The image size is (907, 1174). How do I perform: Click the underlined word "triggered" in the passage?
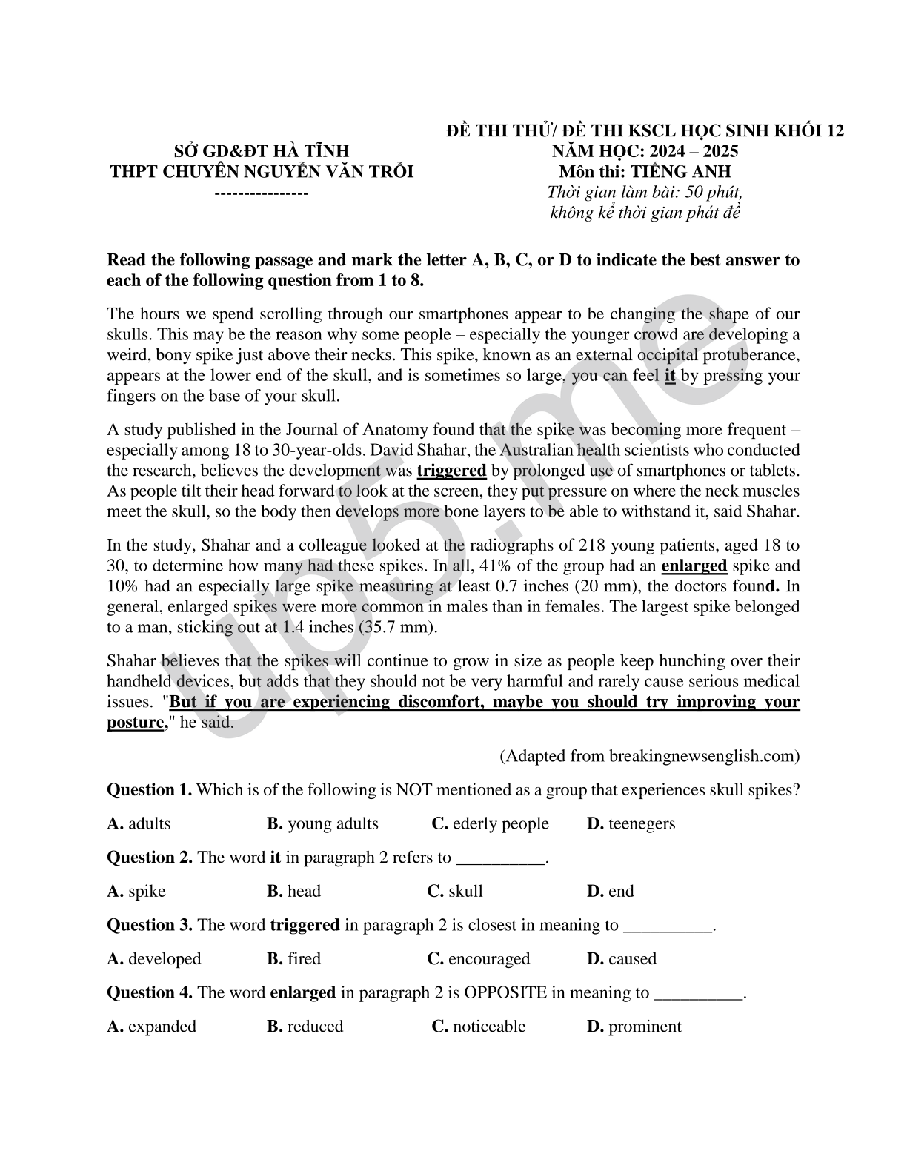click(x=451, y=471)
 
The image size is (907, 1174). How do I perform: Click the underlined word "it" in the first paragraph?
click(x=670, y=375)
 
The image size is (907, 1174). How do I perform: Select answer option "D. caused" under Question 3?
click(x=621, y=958)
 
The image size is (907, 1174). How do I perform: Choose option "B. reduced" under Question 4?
click(x=305, y=1026)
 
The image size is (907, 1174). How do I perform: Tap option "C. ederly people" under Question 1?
click(x=490, y=823)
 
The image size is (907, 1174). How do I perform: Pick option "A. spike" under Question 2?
click(x=136, y=891)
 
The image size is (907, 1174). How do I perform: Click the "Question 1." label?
click(x=150, y=789)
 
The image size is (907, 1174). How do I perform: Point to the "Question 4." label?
click(x=150, y=992)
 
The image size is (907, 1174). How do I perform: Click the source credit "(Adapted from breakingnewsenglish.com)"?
click(x=649, y=756)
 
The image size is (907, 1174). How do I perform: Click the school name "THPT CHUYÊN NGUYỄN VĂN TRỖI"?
click(x=262, y=172)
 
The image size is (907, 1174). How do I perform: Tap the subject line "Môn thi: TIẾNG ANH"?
click(x=645, y=172)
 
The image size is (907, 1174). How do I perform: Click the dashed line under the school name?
click(x=262, y=192)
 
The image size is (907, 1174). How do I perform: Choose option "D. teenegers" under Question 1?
click(x=631, y=823)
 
